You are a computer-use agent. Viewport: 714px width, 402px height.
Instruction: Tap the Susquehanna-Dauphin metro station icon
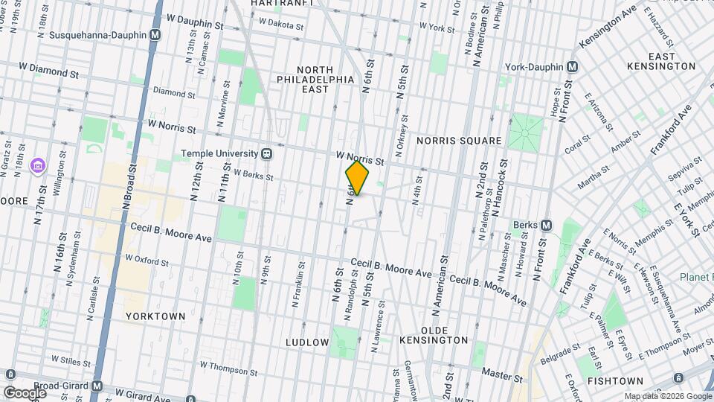click(x=155, y=35)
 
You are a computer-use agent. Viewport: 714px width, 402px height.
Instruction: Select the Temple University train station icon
click(x=266, y=154)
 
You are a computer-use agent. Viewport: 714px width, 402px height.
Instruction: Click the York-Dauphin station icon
click(x=572, y=67)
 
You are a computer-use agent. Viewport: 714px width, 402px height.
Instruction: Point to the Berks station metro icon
click(x=546, y=225)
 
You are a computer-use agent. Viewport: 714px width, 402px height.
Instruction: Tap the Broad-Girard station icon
click(x=97, y=386)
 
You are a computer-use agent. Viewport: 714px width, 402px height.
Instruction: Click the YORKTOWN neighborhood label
click(x=155, y=316)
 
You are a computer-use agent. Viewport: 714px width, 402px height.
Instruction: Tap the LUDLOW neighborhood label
click(x=307, y=342)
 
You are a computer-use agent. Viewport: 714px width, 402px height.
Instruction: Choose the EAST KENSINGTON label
click(x=671, y=61)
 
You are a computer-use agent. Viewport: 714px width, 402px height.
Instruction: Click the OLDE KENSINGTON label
click(x=434, y=335)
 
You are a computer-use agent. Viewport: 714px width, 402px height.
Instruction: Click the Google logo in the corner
click(x=25, y=392)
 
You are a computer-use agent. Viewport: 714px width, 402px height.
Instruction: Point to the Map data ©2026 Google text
click(x=667, y=396)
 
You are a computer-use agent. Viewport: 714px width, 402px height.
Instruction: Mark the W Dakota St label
click(x=281, y=25)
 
